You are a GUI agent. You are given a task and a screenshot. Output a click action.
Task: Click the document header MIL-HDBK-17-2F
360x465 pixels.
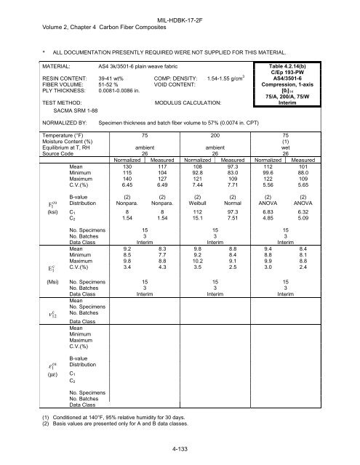click(x=180, y=6)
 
